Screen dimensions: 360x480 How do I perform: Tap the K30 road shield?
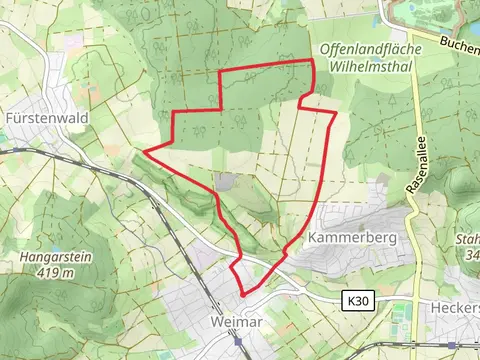(x=359, y=300)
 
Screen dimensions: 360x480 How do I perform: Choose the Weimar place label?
(x=238, y=322)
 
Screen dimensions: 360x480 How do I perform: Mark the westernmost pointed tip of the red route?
(x=146, y=152)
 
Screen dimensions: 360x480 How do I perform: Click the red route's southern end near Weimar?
(x=242, y=295)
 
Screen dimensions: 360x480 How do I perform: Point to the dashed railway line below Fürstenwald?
(x=60, y=155)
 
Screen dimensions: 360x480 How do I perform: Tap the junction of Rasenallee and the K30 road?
(x=415, y=299)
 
